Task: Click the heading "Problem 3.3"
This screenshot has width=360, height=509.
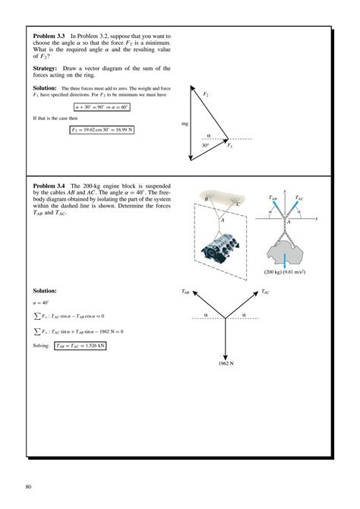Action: click(49, 36)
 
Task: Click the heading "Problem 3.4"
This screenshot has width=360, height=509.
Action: click(49, 185)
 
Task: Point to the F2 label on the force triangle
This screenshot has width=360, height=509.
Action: click(206, 93)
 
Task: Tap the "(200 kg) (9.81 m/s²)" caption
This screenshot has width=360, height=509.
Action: click(285, 272)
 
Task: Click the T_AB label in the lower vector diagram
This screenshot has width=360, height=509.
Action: click(185, 291)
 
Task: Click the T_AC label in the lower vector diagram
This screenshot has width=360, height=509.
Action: click(264, 291)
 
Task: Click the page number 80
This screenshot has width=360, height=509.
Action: click(29, 485)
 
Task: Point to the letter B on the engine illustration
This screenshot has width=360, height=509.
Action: click(207, 199)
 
